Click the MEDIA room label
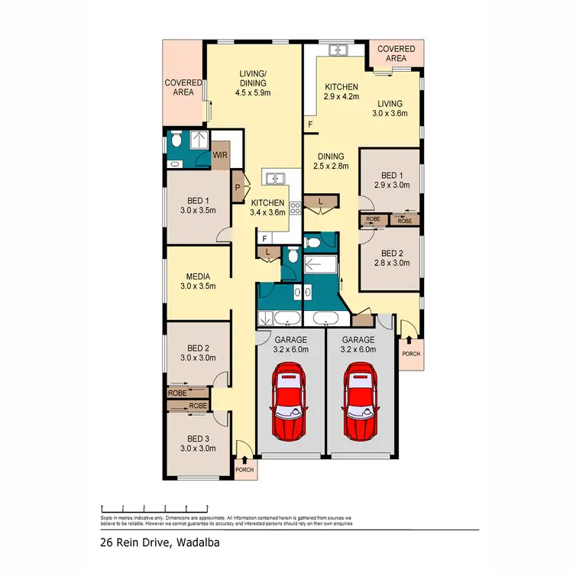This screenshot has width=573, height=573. coord(198,277)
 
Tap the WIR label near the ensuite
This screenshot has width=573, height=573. coord(221,156)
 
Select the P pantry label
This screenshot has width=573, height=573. coord(238,186)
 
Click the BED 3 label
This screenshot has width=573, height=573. coord(198,439)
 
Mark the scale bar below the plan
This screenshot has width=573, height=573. coord(155,507)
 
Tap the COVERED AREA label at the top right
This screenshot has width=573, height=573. coord(396,54)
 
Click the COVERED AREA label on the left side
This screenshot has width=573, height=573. coord(183,88)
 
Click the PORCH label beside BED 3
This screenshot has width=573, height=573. coord(244,470)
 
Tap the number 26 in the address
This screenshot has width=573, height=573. coord(107,544)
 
